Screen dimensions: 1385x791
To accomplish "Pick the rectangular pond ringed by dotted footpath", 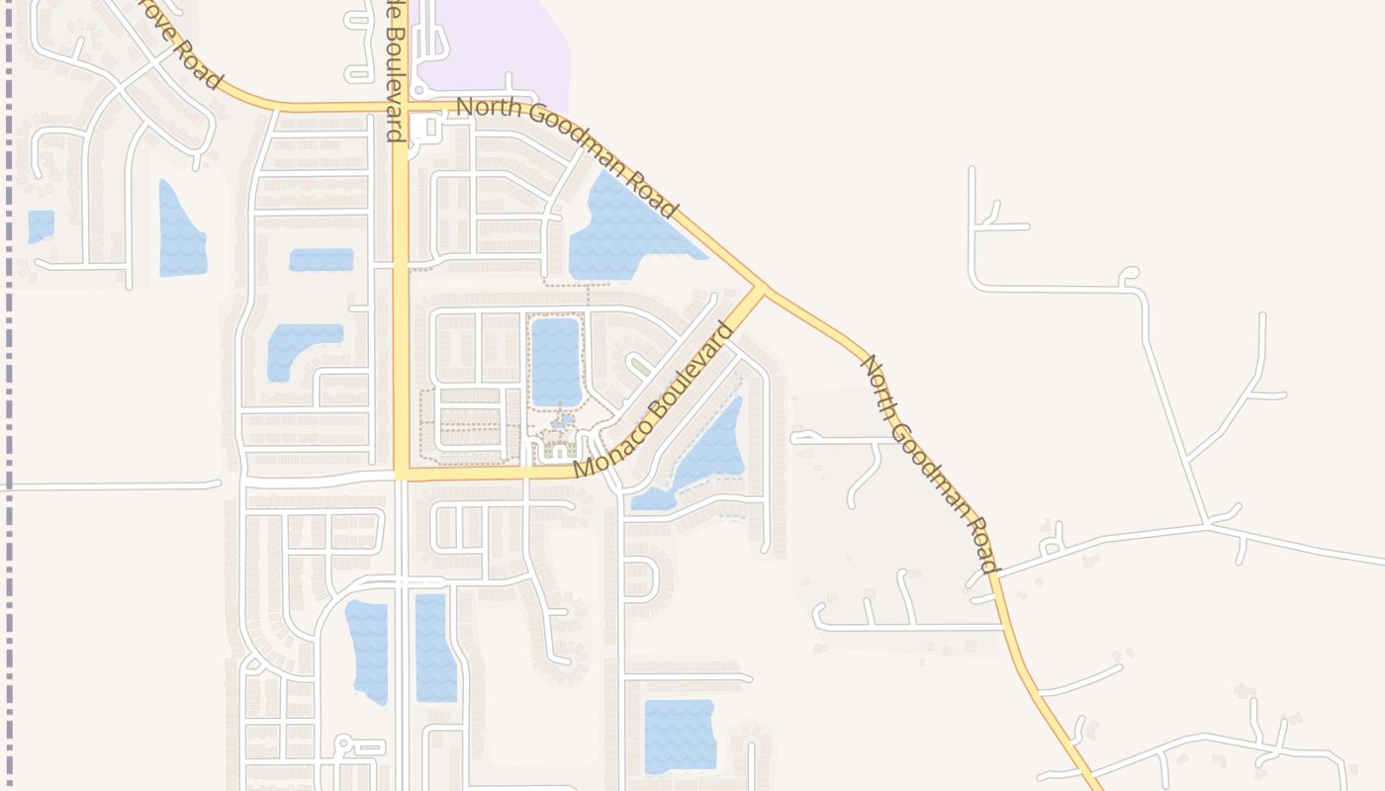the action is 555,361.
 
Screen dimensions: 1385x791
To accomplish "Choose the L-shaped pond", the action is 297,346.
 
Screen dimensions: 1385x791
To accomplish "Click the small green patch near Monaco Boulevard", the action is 641,367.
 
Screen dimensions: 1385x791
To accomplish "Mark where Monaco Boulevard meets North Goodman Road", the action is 760,289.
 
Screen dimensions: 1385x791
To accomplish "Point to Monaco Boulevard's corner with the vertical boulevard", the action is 402,474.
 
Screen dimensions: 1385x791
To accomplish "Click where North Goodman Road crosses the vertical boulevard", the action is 402,106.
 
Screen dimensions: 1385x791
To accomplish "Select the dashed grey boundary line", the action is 10,395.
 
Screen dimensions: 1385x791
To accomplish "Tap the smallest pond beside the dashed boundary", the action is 41,225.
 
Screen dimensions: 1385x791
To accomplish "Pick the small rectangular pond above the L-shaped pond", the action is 322,259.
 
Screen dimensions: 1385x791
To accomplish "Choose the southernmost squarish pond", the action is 680,736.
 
